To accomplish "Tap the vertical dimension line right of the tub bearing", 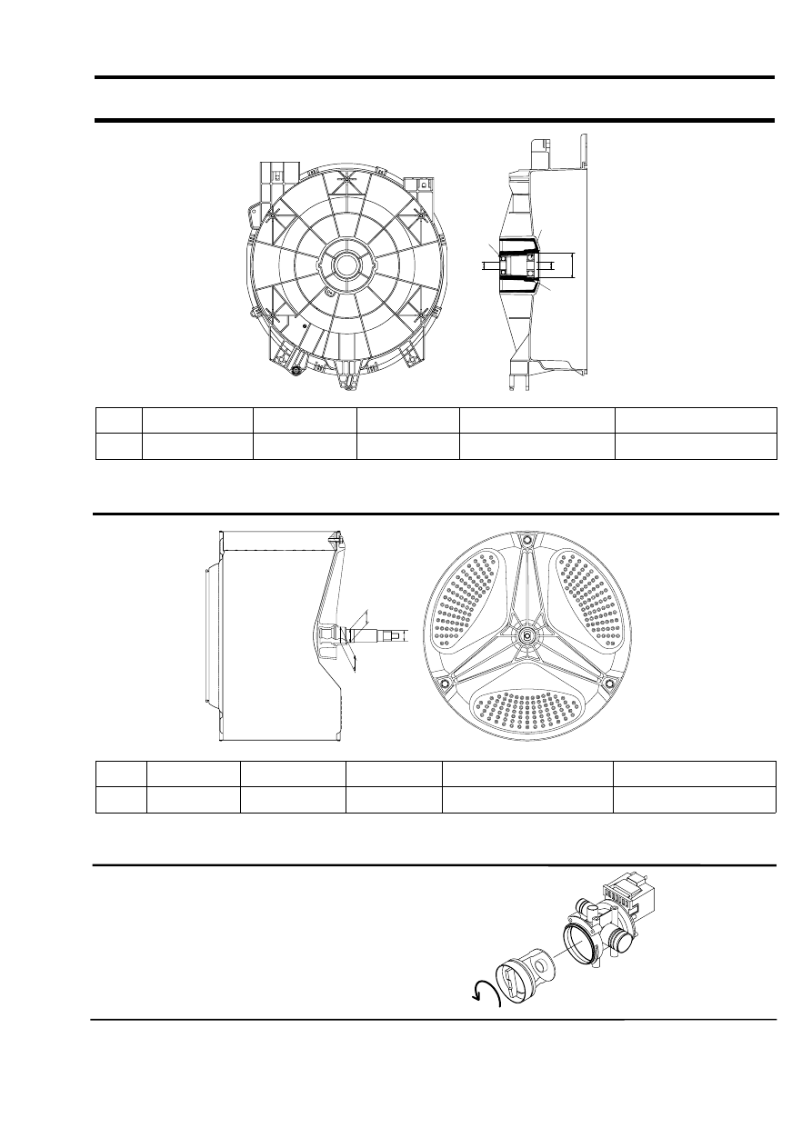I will pos(574,265).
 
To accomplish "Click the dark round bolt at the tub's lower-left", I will pos(297,370).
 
